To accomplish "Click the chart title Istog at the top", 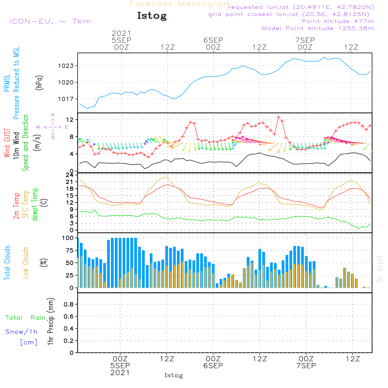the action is [x=152, y=16].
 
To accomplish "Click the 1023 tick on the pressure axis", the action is [x=66, y=66].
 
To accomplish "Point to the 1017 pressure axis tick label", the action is [x=66, y=99].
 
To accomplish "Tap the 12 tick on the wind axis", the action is [x=70, y=120].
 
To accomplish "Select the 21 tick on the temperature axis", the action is [x=69, y=182].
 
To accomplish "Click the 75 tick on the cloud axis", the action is [x=69, y=250].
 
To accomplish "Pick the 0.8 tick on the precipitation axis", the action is [x=69, y=304].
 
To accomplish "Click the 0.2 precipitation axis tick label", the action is [x=69, y=341].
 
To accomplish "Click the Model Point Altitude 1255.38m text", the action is [x=318, y=28].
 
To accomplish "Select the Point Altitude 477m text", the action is [x=338, y=21].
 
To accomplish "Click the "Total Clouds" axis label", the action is [x=7, y=263].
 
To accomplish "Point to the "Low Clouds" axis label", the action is [x=26, y=263].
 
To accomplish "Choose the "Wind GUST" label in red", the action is [x=7, y=143].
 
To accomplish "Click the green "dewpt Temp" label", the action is [x=35, y=204].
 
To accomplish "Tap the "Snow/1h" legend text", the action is [x=21, y=332].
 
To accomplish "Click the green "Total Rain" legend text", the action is [x=26, y=318].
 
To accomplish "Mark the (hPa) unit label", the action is [x=39, y=83].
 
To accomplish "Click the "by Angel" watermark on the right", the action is [x=379, y=269].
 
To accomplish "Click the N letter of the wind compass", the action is [x=53, y=115].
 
